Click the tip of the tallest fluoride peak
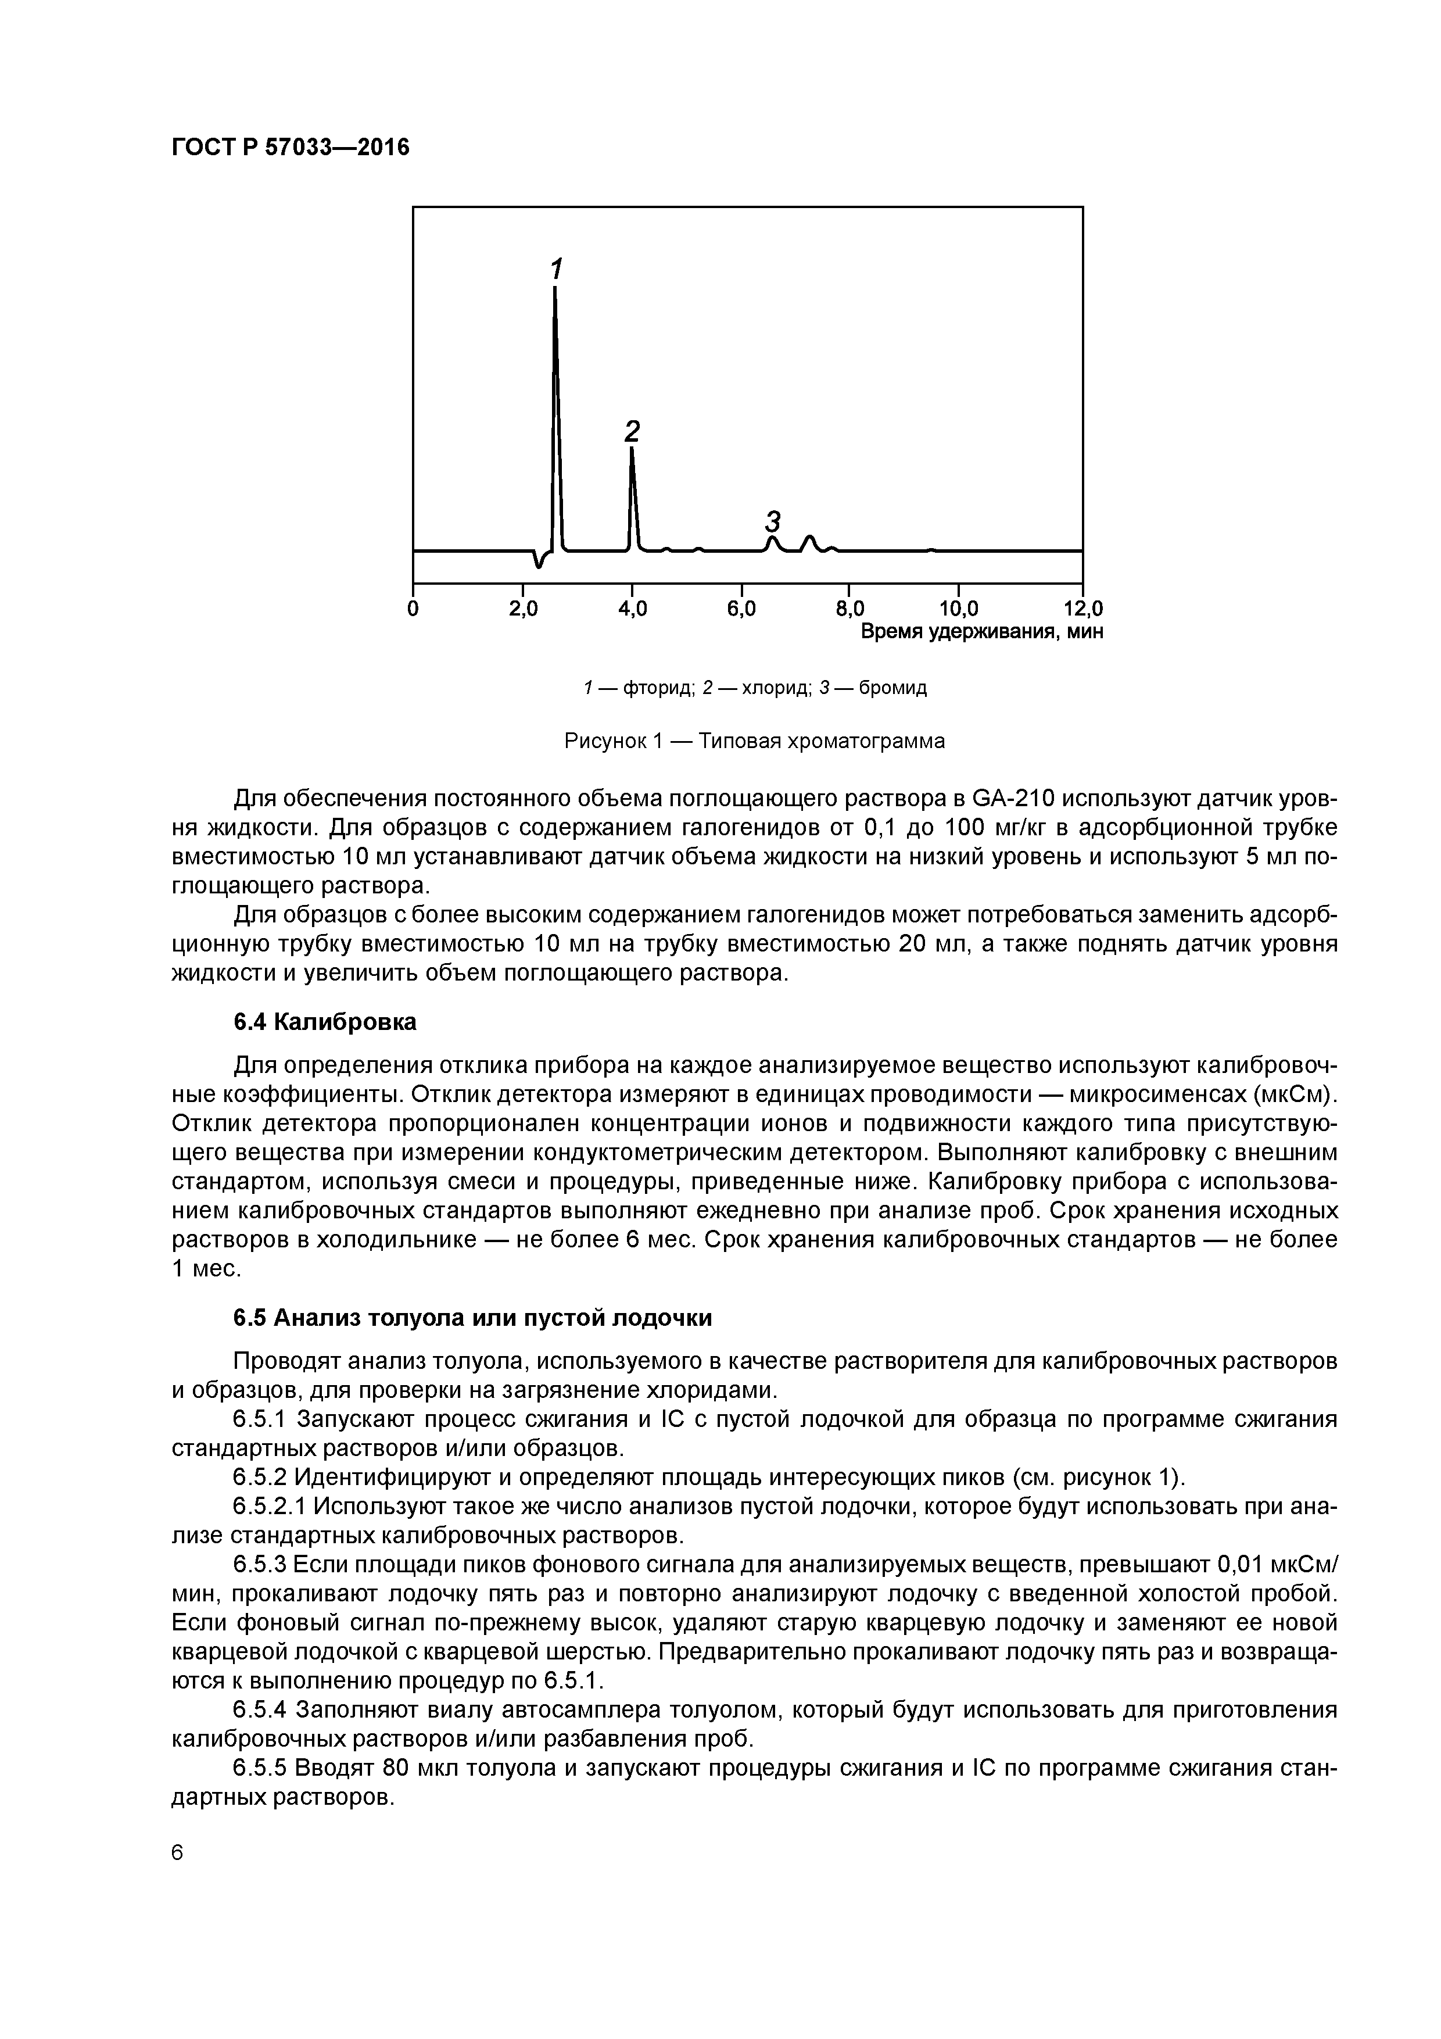pos(555,288)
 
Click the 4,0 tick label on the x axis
pos(632,609)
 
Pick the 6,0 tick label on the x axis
pos(741,609)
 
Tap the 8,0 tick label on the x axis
pos(849,609)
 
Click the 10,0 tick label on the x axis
pos(959,609)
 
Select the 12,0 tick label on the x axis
pos(1082,609)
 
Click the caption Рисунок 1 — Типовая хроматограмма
pos(755,741)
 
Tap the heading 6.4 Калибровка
pos(325,1022)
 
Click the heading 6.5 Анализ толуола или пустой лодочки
pos(472,1318)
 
